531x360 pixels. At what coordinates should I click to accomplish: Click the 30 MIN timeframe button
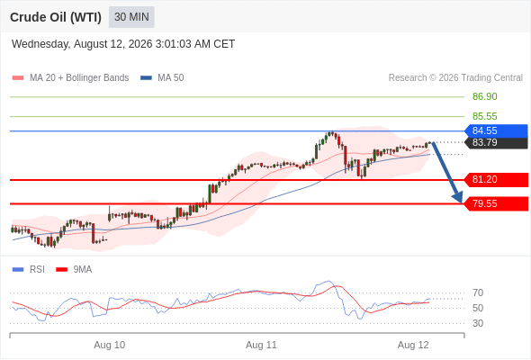(131, 17)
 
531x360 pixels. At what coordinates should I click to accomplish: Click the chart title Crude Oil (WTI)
(56, 17)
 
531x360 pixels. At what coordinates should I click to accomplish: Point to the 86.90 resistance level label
(484, 96)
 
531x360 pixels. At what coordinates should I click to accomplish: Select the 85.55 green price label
(484, 116)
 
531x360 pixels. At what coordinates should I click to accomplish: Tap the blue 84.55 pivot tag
(496, 130)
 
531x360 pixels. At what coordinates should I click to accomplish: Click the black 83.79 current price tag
(496, 142)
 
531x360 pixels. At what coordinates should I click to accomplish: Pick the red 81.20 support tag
(496, 179)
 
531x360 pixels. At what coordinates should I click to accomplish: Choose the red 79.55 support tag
(496, 204)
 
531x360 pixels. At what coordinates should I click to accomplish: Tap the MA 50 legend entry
(162, 78)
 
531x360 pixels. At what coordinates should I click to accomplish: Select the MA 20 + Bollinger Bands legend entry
(70, 78)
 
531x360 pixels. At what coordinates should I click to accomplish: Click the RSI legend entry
(29, 270)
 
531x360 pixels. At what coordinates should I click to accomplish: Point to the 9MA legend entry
(74, 270)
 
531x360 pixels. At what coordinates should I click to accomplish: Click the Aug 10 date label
(110, 345)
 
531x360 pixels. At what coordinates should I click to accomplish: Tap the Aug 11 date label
(261, 345)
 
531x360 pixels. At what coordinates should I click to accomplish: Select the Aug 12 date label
(413, 345)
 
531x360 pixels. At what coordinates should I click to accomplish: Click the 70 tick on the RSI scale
(478, 292)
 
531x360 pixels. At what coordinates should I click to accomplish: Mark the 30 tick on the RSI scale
(478, 323)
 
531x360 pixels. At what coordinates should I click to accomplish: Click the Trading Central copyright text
(455, 78)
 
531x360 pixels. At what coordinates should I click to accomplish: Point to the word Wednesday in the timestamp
(41, 44)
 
